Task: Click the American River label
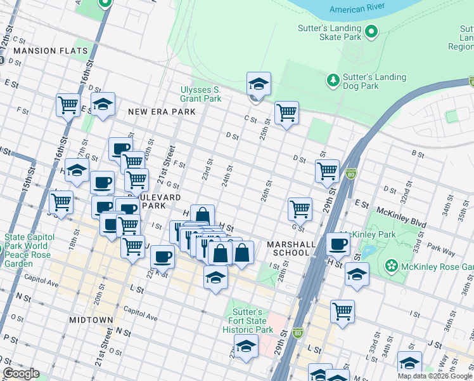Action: [357, 10]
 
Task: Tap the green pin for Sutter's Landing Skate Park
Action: [371, 30]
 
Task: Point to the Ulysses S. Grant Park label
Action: [201, 94]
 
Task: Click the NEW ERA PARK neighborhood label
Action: [160, 112]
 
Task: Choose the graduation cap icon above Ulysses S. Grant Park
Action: [259, 84]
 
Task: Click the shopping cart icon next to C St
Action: [286, 113]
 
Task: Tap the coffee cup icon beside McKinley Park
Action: [338, 244]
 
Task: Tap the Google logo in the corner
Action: [21, 373]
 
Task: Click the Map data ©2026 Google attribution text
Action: [434, 376]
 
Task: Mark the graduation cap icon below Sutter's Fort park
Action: [246, 346]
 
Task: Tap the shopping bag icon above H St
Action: [202, 217]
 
